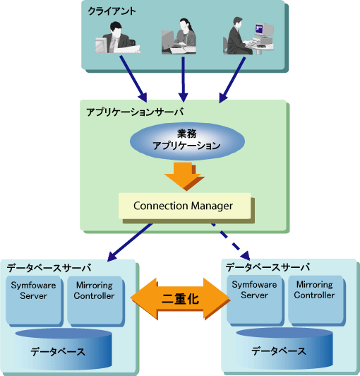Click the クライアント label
pos(112,11)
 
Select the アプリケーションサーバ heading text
pos(135,112)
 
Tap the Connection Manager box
pos(185,206)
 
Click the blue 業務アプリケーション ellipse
pos(187,141)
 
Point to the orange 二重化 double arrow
pos(180,298)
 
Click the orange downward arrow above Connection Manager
pos(184,176)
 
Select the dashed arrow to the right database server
pos(230,242)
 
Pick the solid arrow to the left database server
pos(130,242)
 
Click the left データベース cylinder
pos(64,349)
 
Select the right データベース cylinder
pos(284,348)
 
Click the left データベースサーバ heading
pos(49,268)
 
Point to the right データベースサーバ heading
pos(268,267)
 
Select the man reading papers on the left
pos(118,37)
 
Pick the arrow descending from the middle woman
pos(184,79)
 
